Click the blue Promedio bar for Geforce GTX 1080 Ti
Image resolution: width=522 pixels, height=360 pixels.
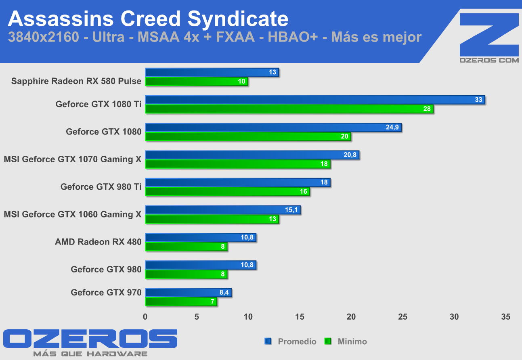(x=315, y=100)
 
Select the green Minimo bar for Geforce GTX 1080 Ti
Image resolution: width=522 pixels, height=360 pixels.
(x=289, y=109)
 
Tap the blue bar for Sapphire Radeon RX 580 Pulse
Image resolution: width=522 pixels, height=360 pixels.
(x=212, y=72)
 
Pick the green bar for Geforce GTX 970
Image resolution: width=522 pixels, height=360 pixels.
(x=181, y=301)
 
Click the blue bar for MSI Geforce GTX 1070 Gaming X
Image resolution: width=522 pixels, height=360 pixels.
(x=252, y=155)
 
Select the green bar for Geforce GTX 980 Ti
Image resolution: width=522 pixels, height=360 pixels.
(x=227, y=192)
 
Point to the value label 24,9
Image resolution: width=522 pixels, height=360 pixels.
(x=392, y=127)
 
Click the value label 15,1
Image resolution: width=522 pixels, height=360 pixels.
(x=291, y=210)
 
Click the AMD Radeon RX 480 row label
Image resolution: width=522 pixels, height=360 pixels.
(x=98, y=242)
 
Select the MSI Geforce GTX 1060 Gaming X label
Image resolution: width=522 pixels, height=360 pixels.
(x=73, y=214)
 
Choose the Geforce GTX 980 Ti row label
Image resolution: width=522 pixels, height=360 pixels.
(x=101, y=187)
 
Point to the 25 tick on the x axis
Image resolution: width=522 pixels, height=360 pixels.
(x=403, y=317)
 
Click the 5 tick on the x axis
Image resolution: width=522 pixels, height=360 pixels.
(x=197, y=317)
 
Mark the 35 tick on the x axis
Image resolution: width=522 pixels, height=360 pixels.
(x=505, y=317)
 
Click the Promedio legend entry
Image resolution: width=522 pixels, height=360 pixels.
(x=297, y=341)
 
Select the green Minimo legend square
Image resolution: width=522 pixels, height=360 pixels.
(x=328, y=341)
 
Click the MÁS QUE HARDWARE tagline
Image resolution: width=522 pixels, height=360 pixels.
(x=90, y=354)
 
